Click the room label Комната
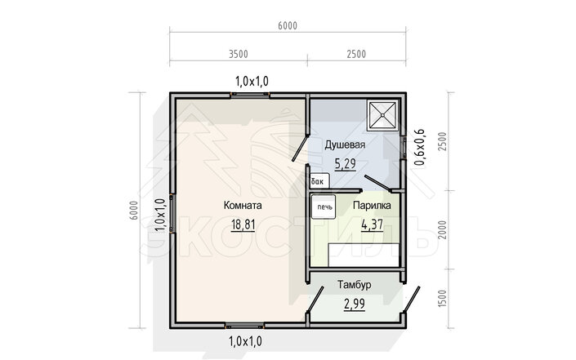(x=243, y=205)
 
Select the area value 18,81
(x=243, y=224)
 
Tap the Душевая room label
(x=345, y=144)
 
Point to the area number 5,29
(x=346, y=163)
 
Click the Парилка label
(x=372, y=206)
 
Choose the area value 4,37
(x=372, y=224)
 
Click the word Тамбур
(x=354, y=285)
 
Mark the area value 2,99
(x=355, y=304)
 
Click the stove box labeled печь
(x=324, y=207)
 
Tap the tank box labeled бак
(x=319, y=181)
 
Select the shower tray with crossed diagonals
(x=382, y=115)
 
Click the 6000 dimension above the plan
(x=288, y=25)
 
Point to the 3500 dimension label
(x=239, y=54)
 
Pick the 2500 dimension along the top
(x=356, y=54)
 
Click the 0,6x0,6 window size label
(x=419, y=148)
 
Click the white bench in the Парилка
(x=364, y=255)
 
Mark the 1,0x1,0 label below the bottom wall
(x=245, y=342)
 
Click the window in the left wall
(x=172, y=213)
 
